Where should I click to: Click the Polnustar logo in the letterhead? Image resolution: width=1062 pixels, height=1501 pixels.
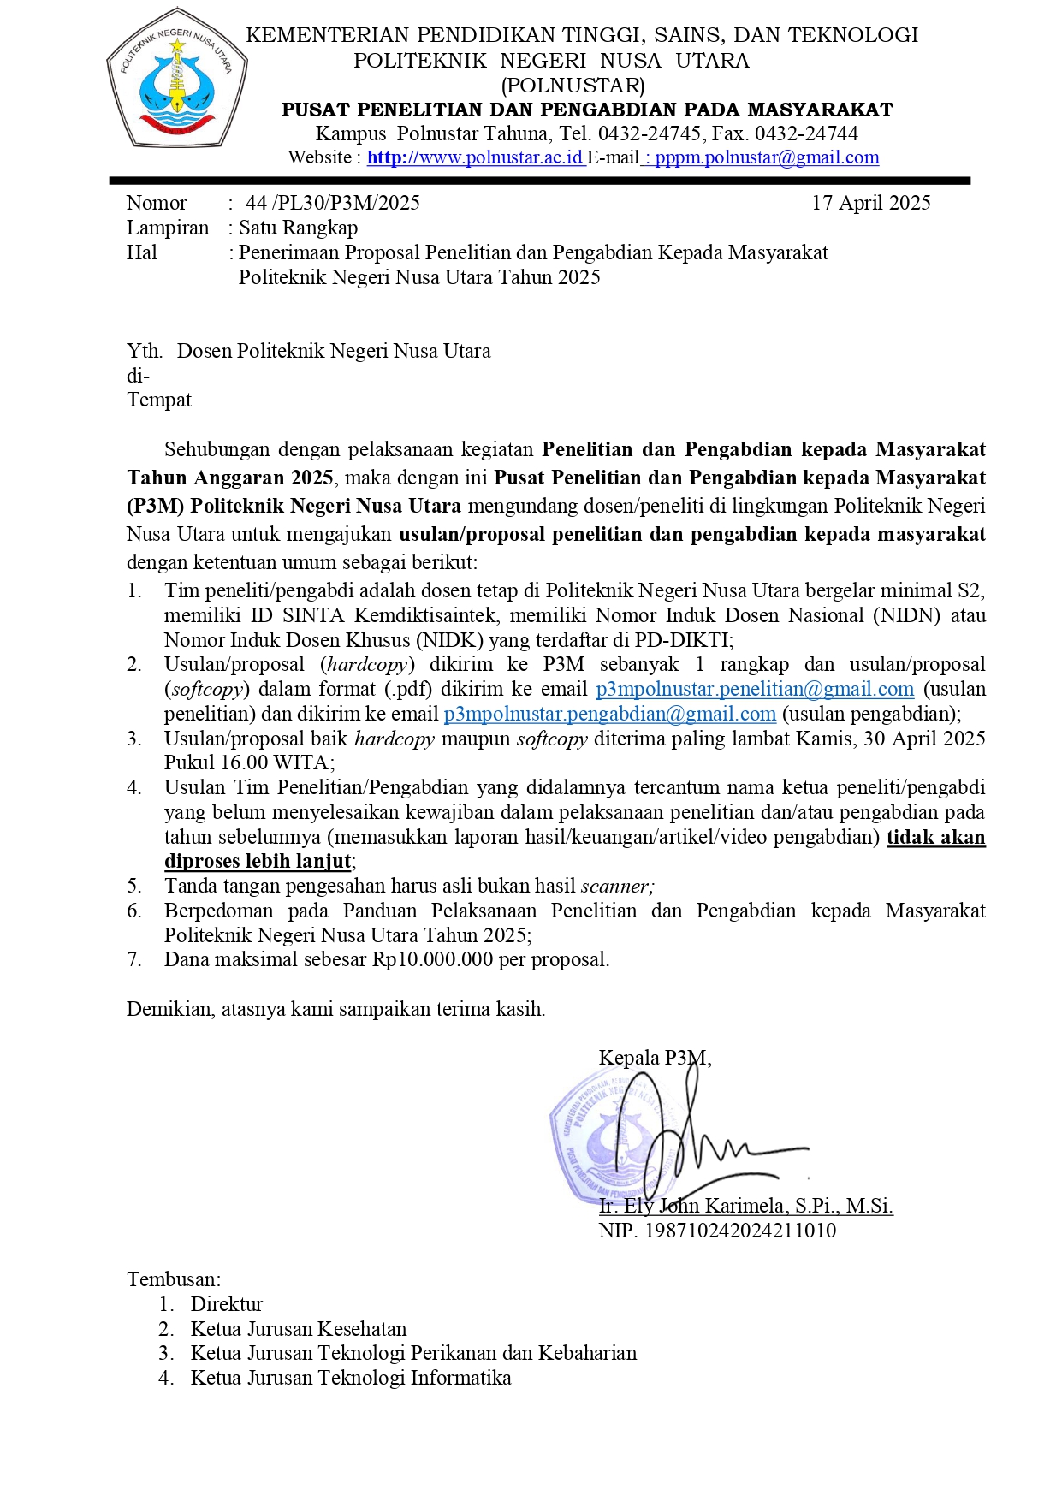tap(177, 80)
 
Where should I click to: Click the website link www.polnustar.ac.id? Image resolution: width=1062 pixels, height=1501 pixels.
tap(476, 157)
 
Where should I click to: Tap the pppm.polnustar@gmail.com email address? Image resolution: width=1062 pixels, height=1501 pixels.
tap(766, 157)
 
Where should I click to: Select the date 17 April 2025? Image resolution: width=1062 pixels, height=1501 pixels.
tap(870, 203)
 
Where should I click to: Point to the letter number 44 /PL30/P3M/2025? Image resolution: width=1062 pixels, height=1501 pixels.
tap(333, 203)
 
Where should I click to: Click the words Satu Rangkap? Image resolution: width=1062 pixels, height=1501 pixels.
tap(298, 228)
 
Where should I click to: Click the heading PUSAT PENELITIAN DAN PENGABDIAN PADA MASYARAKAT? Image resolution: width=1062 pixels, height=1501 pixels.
tap(587, 110)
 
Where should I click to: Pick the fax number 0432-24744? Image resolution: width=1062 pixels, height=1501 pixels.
tap(806, 133)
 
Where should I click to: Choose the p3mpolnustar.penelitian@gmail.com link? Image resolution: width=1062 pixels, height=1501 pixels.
tap(755, 690)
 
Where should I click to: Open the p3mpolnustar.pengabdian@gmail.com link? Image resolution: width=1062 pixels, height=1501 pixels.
tap(609, 715)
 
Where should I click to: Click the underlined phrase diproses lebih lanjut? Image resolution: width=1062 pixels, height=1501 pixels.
tap(258, 862)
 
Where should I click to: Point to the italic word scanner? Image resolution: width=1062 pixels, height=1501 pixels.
tap(617, 887)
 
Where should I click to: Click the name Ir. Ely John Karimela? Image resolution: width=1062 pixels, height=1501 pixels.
tap(693, 1207)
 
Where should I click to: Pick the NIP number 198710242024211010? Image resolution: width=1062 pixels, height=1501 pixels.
tap(739, 1231)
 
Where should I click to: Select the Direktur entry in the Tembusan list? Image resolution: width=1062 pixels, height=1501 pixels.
tap(226, 1305)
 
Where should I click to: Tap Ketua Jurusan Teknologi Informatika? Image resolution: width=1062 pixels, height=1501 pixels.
tap(350, 1379)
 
